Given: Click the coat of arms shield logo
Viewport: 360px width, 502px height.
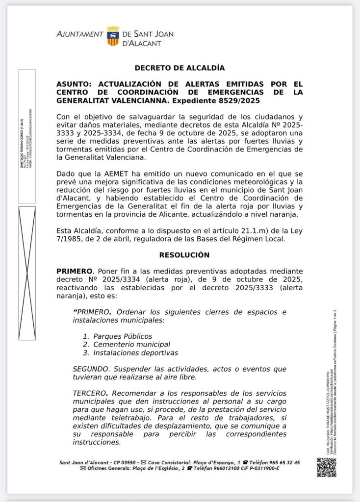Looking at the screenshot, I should pos(112,37).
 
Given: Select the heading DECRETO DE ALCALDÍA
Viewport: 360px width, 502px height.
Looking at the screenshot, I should pos(180,68).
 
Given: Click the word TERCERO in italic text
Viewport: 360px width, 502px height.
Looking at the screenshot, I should pos(90,393).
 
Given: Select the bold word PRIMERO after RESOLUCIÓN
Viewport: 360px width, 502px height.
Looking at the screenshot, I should pos(75,271).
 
